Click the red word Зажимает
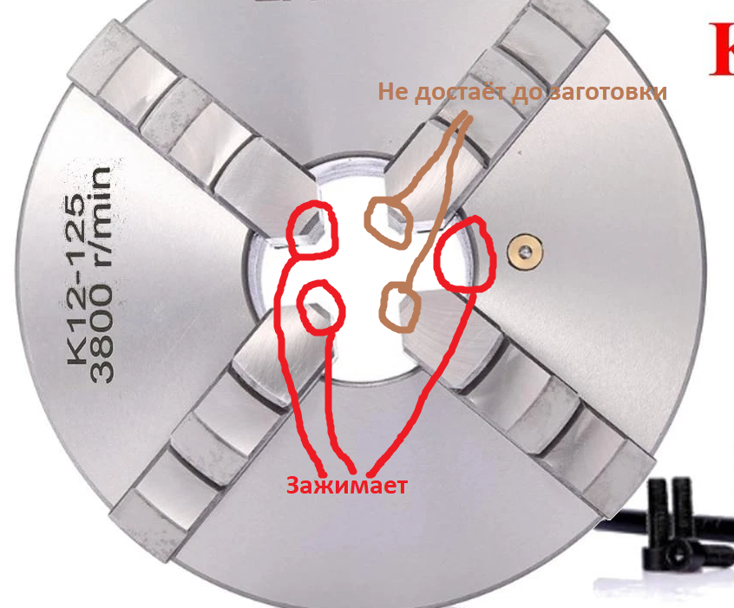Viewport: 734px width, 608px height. [347, 486]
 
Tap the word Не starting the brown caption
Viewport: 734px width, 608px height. [393, 92]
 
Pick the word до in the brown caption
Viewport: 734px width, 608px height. [520, 92]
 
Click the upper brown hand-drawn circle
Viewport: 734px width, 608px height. [390, 220]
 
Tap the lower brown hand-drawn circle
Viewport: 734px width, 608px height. [399, 306]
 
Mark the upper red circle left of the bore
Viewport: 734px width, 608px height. [311, 230]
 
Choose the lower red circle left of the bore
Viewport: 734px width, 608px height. [320, 307]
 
